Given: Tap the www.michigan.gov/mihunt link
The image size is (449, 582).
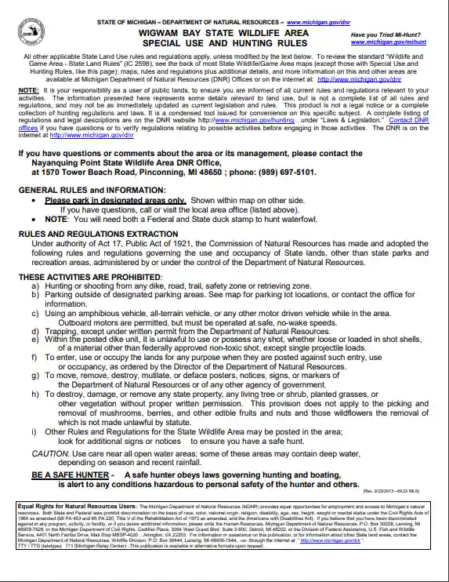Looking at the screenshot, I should [391, 43].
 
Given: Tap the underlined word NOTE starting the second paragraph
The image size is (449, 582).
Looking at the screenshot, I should [31, 91].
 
